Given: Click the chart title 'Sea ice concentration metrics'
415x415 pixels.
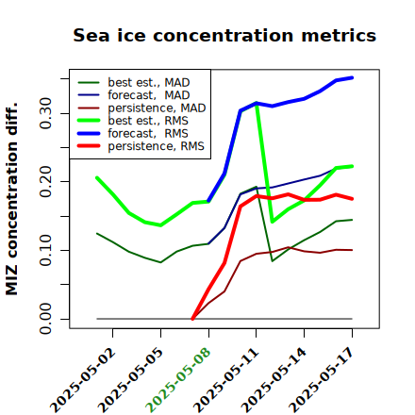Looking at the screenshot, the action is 224,35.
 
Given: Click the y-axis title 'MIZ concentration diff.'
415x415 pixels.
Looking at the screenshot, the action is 11,199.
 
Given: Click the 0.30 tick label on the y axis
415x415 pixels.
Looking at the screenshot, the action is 45,113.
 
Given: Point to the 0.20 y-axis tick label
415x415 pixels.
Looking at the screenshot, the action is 45,181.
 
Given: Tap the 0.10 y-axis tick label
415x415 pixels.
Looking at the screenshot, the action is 45,250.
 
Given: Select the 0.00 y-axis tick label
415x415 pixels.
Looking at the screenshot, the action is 45,319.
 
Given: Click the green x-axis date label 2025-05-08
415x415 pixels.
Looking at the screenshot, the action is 178,380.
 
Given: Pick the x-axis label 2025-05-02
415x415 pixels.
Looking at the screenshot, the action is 83,380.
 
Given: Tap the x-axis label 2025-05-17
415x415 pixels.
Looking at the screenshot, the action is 322,380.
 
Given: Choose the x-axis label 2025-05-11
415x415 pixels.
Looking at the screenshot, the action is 225,380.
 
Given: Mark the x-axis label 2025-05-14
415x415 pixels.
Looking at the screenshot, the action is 274,380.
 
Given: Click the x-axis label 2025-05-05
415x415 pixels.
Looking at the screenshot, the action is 130,380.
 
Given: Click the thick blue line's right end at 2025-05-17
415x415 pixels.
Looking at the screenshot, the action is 352,77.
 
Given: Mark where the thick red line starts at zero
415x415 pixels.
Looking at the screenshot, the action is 192,319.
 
